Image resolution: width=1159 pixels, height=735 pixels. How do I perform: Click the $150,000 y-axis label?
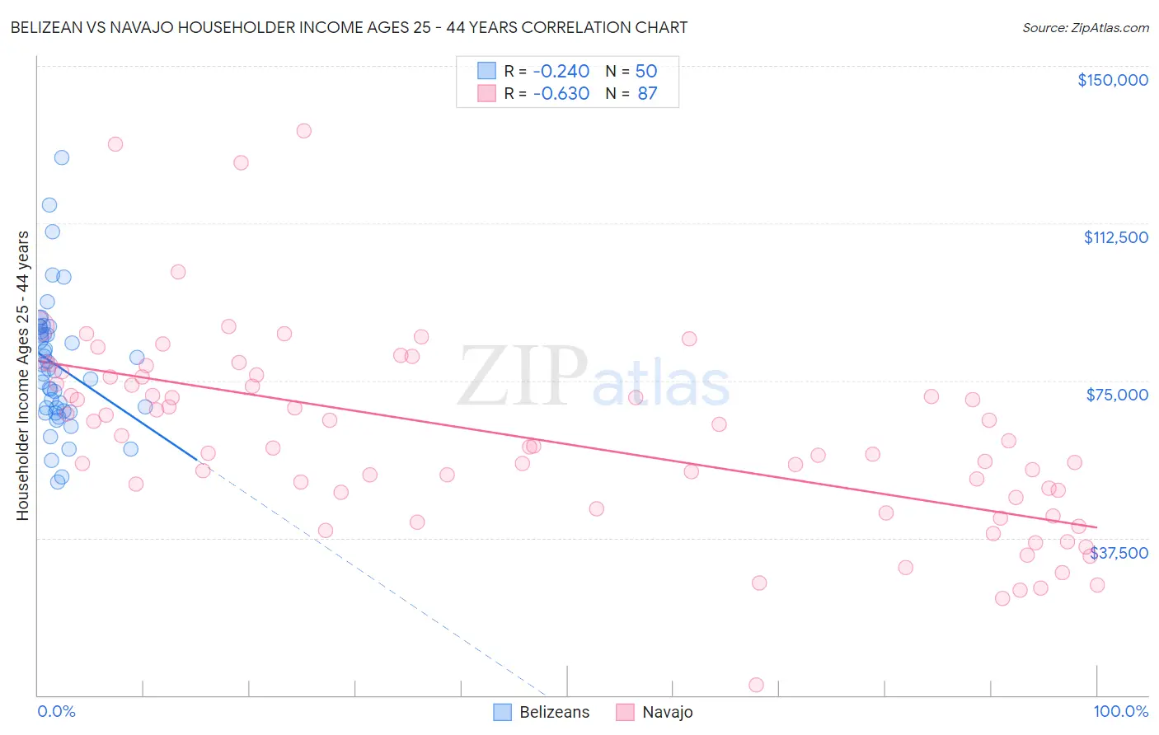tap(1112, 80)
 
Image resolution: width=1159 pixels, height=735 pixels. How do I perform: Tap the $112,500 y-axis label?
tap(1115, 237)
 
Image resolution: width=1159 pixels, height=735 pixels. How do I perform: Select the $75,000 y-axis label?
tap(1117, 395)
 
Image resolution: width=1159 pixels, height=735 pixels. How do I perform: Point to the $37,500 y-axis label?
tap(1119, 553)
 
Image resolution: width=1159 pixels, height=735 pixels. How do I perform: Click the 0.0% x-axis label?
tap(56, 711)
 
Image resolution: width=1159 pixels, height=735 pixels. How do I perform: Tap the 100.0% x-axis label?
tap(1120, 711)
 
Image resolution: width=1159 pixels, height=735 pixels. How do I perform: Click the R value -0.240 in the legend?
tap(561, 71)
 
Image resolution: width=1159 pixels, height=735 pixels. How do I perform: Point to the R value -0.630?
tap(561, 94)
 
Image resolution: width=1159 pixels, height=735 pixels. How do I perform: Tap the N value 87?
tap(647, 94)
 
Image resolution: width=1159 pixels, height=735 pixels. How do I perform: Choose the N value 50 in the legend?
tap(646, 71)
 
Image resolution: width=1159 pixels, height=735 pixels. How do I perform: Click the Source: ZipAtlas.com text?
tap(1085, 27)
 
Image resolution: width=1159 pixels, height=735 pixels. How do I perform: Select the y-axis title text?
tap(22, 376)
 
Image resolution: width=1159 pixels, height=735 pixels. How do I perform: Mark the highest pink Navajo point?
tap(303, 130)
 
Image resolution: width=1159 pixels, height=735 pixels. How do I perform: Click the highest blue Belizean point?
tap(61, 157)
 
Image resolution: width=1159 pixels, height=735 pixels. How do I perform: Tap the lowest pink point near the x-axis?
tap(756, 685)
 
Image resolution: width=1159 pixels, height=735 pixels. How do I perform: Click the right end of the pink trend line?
tap(1096, 527)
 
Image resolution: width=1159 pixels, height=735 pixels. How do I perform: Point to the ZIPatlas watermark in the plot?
tap(594, 377)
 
